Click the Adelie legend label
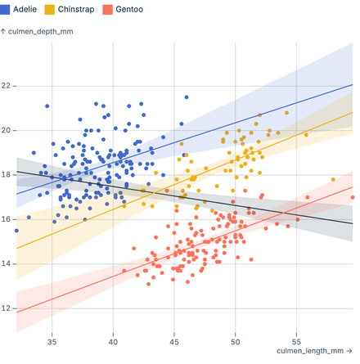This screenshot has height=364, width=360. (25, 10)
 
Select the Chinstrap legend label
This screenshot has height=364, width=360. (76, 10)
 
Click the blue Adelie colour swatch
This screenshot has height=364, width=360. (7, 10)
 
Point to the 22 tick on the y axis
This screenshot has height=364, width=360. (7, 85)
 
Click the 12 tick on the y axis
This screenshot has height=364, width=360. (7, 308)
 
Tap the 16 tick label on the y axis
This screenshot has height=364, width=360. (7, 219)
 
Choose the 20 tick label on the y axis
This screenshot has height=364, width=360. (7, 130)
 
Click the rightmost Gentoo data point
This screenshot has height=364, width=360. (352, 197)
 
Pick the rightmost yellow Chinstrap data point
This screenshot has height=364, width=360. (333, 179)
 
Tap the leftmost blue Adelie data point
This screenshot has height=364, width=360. (16, 231)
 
